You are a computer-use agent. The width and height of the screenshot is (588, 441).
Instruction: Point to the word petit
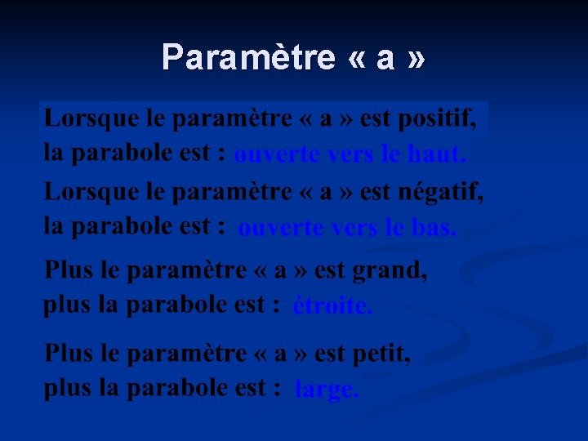pyautogui.click(x=381, y=354)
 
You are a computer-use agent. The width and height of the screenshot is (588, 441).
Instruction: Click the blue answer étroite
pyautogui.click(x=332, y=306)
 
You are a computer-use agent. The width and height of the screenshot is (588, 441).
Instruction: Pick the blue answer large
pyautogui.click(x=326, y=390)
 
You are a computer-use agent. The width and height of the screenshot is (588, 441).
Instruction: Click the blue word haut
pyautogui.click(x=436, y=154)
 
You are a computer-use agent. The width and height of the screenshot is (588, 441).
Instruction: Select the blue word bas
pyautogui.click(x=433, y=229)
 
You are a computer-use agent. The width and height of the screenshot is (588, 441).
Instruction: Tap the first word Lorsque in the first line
pyautogui.click(x=79, y=119)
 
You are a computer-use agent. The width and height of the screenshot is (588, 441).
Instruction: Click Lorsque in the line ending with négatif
pyautogui.click(x=79, y=193)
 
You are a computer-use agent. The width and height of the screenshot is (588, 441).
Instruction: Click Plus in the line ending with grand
pyautogui.click(x=69, y=269)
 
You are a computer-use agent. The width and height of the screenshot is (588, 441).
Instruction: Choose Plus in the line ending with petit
pyautogui.click(x=69, y=354)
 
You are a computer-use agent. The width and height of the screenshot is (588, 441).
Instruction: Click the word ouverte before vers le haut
pyautogui.click(x=276, y=154)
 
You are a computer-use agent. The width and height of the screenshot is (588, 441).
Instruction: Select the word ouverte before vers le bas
pyautogui.click(x=280, y=229)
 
